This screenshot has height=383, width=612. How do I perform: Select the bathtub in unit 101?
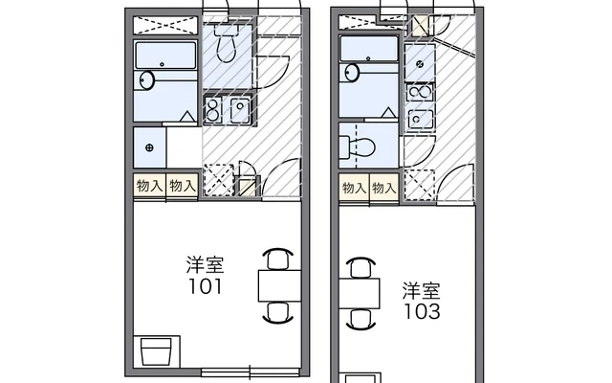tap(165, 56)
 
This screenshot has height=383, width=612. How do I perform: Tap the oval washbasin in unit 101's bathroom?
tap(147, 80)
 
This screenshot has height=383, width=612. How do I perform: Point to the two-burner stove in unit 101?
tap(214, 109)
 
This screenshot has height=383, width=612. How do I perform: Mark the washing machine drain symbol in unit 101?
tap(149, 147)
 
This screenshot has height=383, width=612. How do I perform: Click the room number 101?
tap(206, 286)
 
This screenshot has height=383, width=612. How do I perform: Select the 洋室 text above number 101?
tap(206, 264)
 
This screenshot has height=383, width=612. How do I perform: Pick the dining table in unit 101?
tap(279, 285)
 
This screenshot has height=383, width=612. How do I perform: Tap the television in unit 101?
tap(156, 351)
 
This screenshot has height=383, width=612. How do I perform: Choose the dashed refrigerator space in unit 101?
tap(219, 180)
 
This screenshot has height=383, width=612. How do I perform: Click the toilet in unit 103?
tap(358, 147)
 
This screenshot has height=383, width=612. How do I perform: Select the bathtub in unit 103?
tap(369, 49)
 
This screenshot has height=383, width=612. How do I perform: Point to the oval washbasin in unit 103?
tap(352, 73)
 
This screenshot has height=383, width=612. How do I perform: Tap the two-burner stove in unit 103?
tap(419, 94)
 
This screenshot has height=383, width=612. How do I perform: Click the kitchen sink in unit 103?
tap(420, 119)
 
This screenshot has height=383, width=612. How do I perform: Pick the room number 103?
tap(422, 311)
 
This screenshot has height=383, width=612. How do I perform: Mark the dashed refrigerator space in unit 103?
tap(420, 185)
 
